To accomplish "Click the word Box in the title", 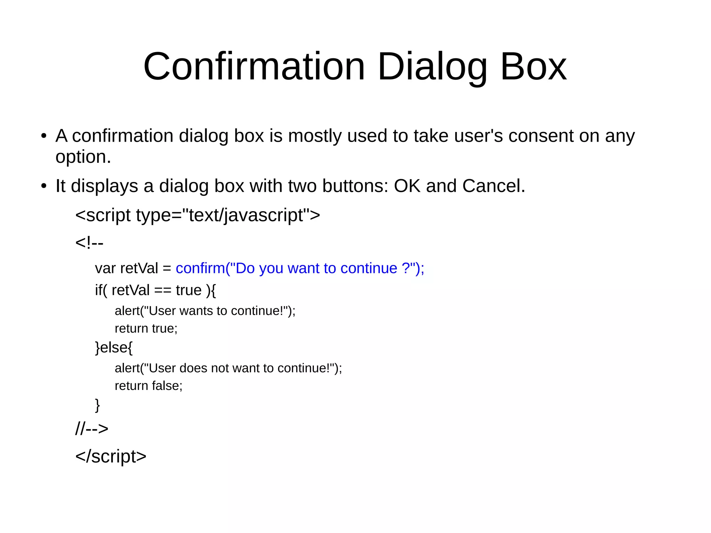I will point(533,66).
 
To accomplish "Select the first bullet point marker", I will point(44,136).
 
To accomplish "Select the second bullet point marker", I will point(44,186).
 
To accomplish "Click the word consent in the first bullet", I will point(541,136).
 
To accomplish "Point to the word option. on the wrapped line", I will point(83,157).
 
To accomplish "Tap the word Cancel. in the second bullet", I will point(493,186).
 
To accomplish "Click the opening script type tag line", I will point(197,215).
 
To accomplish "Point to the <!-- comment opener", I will point(89,242).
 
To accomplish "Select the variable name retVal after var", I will point(139,268).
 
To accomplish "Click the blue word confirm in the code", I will point(200,268).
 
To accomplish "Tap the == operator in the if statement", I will point(162,290).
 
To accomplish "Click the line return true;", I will point(146,328).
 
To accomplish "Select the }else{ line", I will point(114,348).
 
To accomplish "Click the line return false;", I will point(148,386).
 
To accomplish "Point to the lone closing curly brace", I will point(98,405).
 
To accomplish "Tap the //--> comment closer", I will point(92,429).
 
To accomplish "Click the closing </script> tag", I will point(111,456).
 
